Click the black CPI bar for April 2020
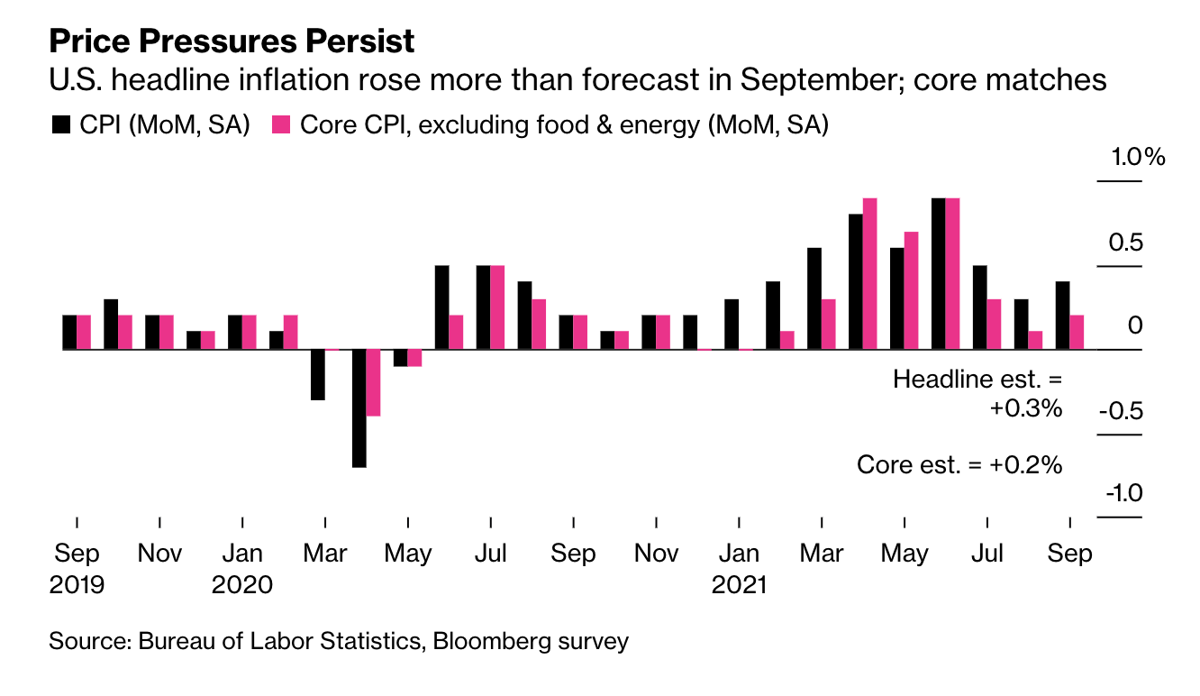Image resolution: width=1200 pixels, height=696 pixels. tap(359, 408)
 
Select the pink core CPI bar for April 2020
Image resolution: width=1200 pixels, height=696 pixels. tap(373, 383)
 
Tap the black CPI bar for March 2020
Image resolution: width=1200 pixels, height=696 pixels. tap(318, 375)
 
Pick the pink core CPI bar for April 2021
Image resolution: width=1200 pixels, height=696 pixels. tap(870, 274)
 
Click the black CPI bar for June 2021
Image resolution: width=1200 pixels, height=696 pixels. tap(939, 274)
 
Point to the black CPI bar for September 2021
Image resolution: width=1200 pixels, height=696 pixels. tap(1063, 316)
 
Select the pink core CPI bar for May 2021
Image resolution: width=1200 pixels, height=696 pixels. tap(911, 290)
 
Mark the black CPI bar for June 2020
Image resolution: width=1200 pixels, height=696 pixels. tap(442, 307)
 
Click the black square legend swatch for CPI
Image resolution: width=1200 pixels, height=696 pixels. tap(61, 124)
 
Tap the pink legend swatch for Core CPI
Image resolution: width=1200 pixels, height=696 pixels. tap(281, 124)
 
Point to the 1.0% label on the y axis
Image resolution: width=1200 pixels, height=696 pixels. tap(1138, 157)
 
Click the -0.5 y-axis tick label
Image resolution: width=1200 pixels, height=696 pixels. tap(1121, 411)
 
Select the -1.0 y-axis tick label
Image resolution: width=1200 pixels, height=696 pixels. tap(1124, 493)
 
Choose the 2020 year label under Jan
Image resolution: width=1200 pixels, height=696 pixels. tap(242, 584)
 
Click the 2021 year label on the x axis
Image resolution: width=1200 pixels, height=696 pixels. tap(739, 584)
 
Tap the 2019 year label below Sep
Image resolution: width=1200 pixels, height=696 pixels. tap(77, 584)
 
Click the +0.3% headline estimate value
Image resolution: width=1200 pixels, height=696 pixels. tap(1026, 408)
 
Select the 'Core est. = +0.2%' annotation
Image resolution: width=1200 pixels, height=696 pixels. tap(959, 464)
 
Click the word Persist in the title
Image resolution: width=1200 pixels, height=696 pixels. tap(360, 41)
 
